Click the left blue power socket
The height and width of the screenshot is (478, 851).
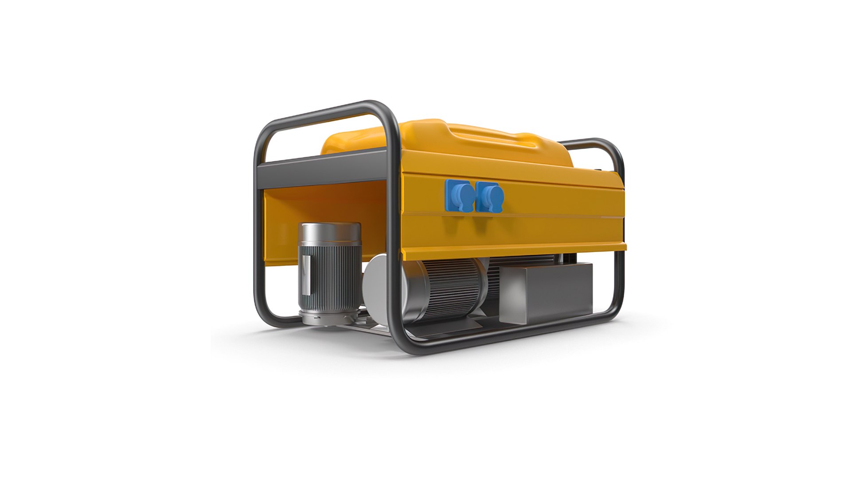(459, 196)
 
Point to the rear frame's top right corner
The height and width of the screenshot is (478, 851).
(614, 150)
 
